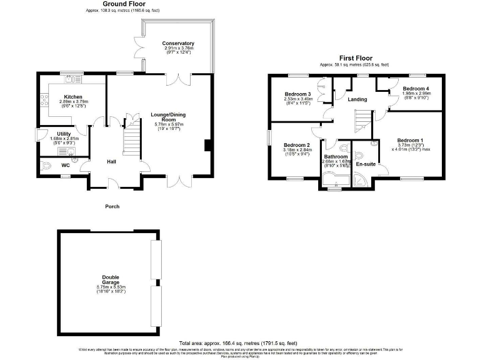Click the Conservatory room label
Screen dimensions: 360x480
click(x=179, y=43)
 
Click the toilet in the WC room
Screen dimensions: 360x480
click(x=50, y=166)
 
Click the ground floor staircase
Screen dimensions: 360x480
click(x=131, y=139)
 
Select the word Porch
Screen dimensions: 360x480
click(x=112, y=206)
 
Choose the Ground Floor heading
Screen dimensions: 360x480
click(x=111, y=4)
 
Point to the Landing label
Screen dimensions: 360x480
click(x=357, y=99)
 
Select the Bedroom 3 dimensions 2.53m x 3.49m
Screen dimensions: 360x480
click(x=297, y=99)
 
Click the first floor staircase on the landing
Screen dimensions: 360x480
click(x=362, y=120)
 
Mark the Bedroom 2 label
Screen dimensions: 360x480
click(x=297, y=144)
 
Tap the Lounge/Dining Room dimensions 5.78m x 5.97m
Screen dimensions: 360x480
click(x=168, y=125)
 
